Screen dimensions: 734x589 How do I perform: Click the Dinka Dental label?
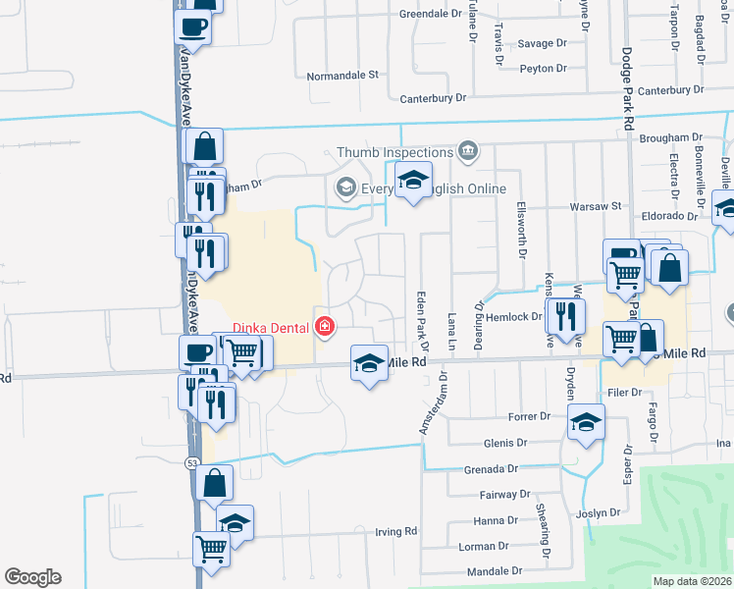tap(272, 328)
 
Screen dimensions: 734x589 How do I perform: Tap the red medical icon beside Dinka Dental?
tap(323, 327)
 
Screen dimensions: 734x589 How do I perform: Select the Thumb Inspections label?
tap(394, 152)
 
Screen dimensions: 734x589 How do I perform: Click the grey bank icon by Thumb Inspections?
tap(467, 151)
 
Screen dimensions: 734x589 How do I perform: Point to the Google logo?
tap(32, 577)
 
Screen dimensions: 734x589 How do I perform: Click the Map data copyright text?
tap(693, 581)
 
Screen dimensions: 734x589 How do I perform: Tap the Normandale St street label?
tap(342, 75)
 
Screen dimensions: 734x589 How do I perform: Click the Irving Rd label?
tap(396, 531)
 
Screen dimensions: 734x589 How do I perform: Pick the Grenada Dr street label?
tap(492, 469)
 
